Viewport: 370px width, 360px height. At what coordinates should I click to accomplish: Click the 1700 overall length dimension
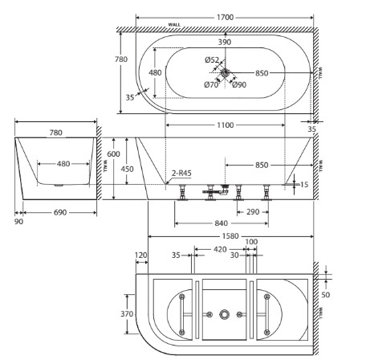(x=225, y=18)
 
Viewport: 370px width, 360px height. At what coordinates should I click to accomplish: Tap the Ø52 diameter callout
(x=212, y=60)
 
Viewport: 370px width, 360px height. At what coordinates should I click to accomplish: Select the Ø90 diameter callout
(x=239, y=85)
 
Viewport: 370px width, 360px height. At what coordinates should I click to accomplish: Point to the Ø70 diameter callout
(x=211, y=85)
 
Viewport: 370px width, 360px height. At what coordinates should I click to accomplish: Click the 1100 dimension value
(x=226, y=125)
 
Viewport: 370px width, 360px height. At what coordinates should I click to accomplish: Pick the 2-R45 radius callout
(x=181, y=173)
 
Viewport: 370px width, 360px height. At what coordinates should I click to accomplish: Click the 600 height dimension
(x=113, y=154)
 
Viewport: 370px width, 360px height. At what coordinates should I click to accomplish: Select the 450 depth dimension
(x=127, y=170)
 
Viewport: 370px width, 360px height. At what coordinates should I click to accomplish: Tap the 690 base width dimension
(x=60, y=212)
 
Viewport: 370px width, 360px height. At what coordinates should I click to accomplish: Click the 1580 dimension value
(x=230, y=236)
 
